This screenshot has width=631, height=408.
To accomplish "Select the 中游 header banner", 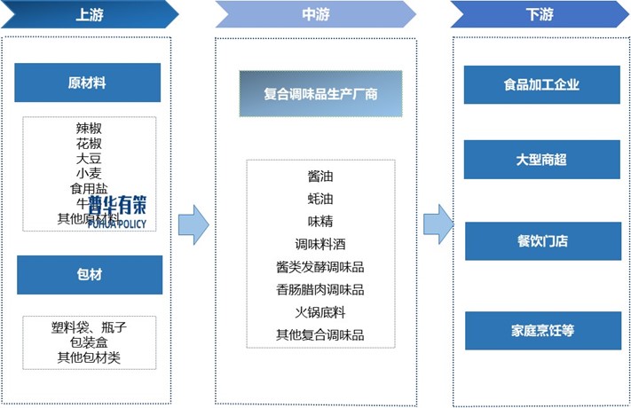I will (x=314, y=14).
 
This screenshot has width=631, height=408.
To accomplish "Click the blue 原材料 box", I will (x=88, y=83).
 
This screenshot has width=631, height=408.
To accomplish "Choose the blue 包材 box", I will (x=89, y=275).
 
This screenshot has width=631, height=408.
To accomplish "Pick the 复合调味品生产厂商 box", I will (x=319, y=94).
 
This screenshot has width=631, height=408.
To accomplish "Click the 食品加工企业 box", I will (x=541, y=85).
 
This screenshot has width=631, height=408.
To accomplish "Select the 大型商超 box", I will (x=541, y=160).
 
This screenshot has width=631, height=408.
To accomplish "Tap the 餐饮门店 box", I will (x=541, y=240).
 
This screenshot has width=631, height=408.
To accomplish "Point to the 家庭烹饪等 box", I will (x=541, y=331).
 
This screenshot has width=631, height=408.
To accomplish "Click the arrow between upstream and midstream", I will (x=193, y=225).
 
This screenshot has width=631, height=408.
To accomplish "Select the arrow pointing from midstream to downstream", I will (x=438, y=225).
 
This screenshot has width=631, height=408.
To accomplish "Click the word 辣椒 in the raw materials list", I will (x=89, y=128).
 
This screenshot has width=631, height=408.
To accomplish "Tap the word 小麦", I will (x=89, y=173).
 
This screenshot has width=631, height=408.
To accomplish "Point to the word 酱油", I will (x=319, y=177).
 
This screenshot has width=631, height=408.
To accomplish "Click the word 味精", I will (x=319, y=221).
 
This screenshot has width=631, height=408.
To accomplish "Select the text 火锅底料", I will (x=319, y=312).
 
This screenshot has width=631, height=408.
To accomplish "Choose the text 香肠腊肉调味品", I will (x=319, y=289).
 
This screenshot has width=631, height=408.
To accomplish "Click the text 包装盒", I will (x=89, y=342).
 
